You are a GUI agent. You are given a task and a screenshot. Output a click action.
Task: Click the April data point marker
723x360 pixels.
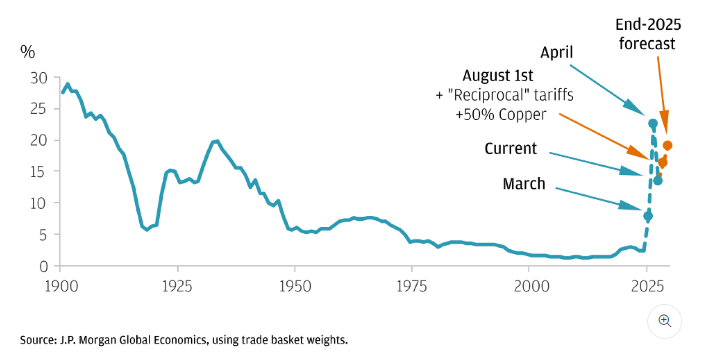click(x=653, y=124)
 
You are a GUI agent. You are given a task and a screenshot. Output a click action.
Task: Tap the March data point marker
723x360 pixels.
click(x=648, y=216)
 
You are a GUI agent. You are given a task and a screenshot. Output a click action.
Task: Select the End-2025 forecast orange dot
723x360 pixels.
click(x=667, y=145)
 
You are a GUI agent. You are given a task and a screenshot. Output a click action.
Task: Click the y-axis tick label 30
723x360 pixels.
click(x=39, y=78)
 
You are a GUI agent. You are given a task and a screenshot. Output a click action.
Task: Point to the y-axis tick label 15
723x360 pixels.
click(x=38, y=172)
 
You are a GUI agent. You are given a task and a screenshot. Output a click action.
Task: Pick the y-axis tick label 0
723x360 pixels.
click(x=44, y=267)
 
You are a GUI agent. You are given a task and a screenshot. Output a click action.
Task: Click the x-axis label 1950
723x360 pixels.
click(x=295, y=287)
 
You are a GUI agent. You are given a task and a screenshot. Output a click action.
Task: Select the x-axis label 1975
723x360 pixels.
click(x=412, y=287)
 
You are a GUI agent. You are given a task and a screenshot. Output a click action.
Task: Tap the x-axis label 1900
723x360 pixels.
click(x=61, y=287)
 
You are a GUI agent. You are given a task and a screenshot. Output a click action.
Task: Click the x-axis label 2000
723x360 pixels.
click(x=531, y=287)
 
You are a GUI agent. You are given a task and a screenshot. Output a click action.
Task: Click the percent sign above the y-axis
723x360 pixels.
click(x=27, y=52)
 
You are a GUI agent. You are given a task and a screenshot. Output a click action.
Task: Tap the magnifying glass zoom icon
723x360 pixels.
click(x=664, y=321)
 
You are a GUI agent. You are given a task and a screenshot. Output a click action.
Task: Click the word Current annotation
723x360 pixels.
click(x=510, y=149)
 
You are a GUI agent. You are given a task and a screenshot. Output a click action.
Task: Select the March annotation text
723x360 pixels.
click(x=524, y=184)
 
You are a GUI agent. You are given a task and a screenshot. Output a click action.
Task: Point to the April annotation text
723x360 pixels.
click(x=557, y=52)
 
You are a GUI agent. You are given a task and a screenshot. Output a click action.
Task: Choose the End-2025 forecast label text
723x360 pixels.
click(x=648, y=34)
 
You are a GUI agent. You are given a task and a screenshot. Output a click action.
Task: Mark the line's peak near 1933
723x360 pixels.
click(x=217, y=141)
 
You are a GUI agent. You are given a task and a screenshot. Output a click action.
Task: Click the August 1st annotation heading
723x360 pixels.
click(x=497, y=76)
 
